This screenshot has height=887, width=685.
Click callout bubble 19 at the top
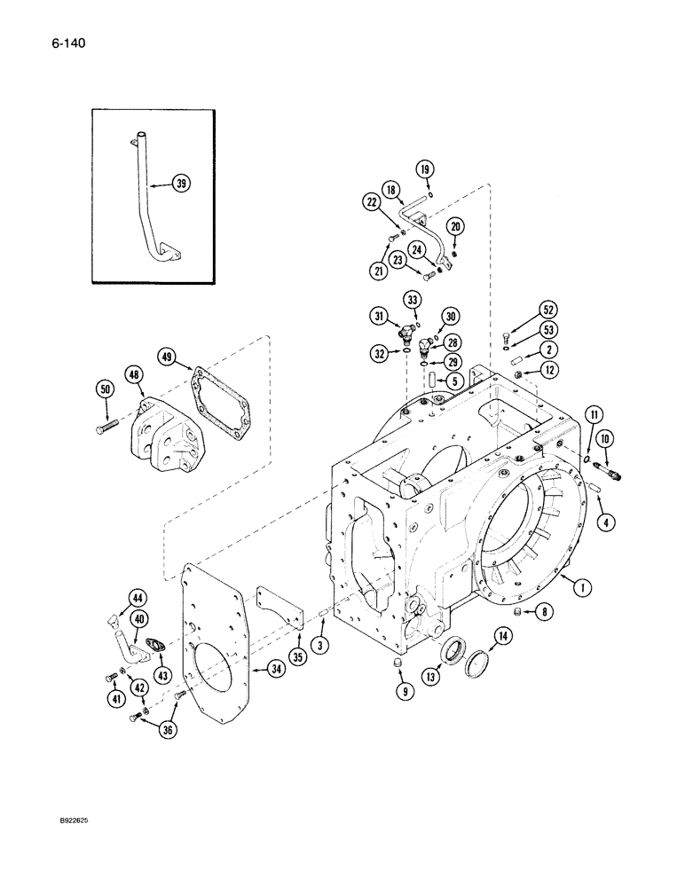(424, 169)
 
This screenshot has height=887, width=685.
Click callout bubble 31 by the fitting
(379, 316)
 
